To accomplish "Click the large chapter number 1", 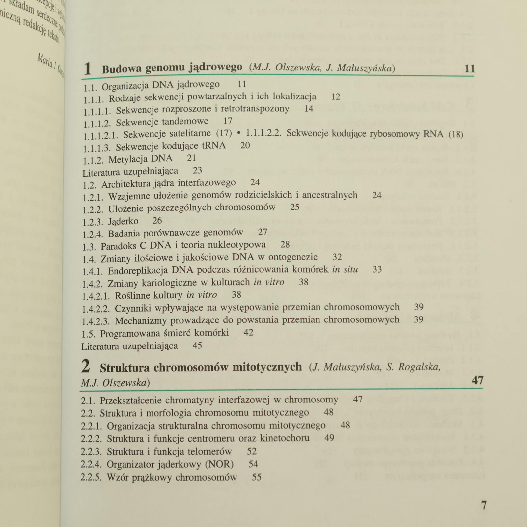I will point(88,69).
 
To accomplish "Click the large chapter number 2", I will point(86,366).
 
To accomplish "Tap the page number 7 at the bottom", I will point(484,505).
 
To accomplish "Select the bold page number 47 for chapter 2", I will point(477,380).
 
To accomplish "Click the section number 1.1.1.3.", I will point(97,148).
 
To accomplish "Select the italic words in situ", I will point(345,269).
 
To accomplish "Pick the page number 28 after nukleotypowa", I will point(285,244).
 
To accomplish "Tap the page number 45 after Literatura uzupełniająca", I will point(197,346).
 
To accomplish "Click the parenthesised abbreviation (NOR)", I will point(219,464).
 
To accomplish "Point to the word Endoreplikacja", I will point(138,271).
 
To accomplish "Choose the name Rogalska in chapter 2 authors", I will point(419,367).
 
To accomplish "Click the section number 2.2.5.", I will point(91,477).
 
